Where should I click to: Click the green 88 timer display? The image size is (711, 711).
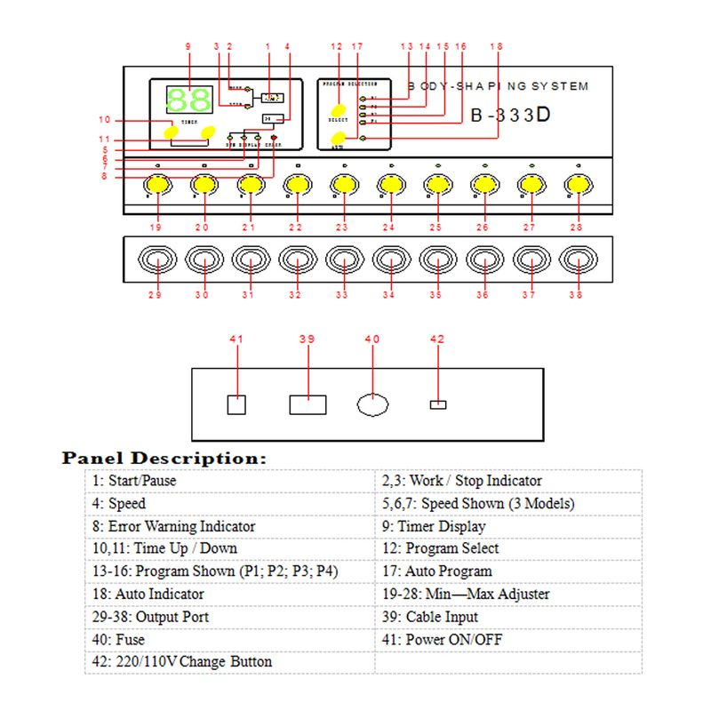click(x=188, y=100)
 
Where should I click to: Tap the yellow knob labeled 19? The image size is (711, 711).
click(x=156, y=185)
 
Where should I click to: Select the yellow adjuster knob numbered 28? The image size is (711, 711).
click(x=578, y=185)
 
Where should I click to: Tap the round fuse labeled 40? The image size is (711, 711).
click(x=373, y=404)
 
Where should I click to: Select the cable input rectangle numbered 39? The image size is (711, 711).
click(x=308, y=404)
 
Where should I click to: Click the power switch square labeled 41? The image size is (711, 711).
click(x=236, y=404)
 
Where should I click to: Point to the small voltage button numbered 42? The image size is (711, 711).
click(x=437, y=405)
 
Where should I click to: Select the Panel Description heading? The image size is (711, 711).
click(x=164, y=459)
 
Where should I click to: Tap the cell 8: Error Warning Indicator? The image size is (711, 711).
click(x=172, y=526)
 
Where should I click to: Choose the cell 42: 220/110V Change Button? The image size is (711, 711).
click(x=181, y=662)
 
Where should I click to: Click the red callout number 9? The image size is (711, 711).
click(x=188, y=46)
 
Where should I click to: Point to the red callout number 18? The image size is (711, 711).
click(x=497, y=46)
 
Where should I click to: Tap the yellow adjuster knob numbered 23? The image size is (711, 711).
click(x=343, y=185)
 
